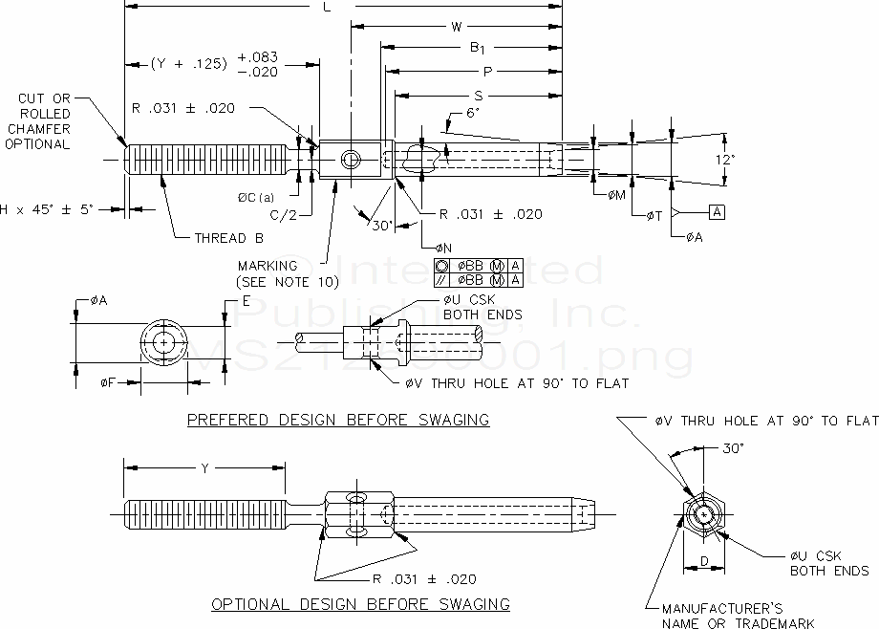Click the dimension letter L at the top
(328, 7)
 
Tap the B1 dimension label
(477, 48)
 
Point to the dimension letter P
(487, 72)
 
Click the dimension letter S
(478, 96)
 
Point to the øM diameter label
(617, 194)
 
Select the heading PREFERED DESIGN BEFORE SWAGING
(337, 420)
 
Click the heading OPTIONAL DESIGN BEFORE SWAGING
(360, 604)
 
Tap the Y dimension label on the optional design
(204, 467)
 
